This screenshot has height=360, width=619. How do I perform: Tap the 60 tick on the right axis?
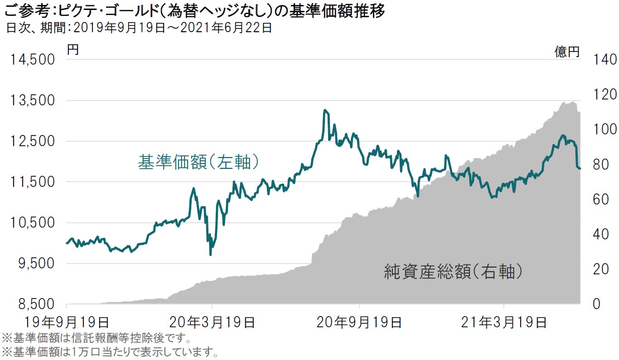601,199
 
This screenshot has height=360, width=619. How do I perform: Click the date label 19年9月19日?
67,323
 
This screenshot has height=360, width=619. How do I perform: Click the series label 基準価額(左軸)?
199,162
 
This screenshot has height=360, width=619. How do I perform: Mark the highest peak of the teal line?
325,110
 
